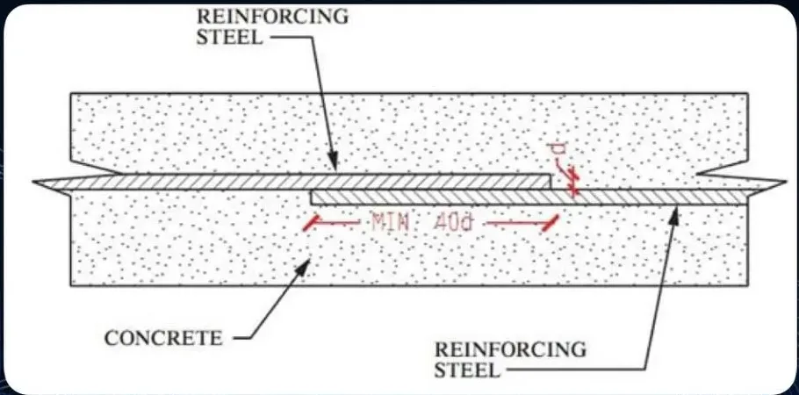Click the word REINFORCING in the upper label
point(272,17)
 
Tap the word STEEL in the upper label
point(230,37)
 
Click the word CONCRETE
point(163,338)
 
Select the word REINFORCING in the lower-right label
point(510,349)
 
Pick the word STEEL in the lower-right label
point(467,370)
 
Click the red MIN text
point(391,223)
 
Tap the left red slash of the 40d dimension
point(311,223)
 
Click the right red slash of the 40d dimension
point(551,223)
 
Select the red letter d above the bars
point(555,151)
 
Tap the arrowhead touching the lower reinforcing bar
point(674,216)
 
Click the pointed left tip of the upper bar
point(33,182)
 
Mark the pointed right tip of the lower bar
point(785,182)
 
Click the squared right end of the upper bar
point(551,182)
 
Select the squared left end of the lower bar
point(312,197)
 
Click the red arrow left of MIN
point(338,223)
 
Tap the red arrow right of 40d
point(514,223)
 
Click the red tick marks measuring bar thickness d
point(572,183)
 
